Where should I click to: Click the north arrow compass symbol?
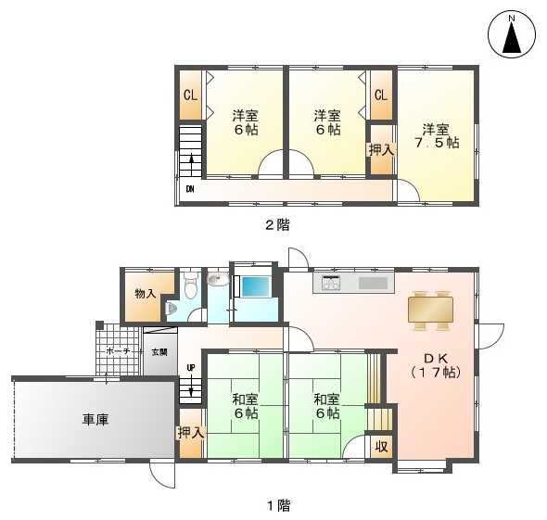[512, 35]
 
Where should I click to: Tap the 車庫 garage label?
[95, 419]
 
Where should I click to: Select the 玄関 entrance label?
[159, 352]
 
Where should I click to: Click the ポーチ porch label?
[118, 351]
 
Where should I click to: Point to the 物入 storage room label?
[146, 294]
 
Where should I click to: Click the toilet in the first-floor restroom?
[190, 285]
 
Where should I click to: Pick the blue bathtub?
[256, 286]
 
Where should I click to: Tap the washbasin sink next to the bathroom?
[218, 279]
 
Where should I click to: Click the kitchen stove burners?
[331, 283]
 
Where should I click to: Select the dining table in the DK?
[430, 310]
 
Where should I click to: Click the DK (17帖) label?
[436, 365]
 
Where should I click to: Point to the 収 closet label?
[381, 447]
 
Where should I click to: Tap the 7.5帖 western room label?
[436, 136]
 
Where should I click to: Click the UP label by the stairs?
[191, 368]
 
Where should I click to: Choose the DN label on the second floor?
[190, 189]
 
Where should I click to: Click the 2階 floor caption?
[278, 224]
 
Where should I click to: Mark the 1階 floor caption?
[279, 505]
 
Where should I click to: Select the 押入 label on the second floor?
[382, 150]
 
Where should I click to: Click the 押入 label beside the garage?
[190, 433]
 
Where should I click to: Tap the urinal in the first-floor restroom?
[172, 308]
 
